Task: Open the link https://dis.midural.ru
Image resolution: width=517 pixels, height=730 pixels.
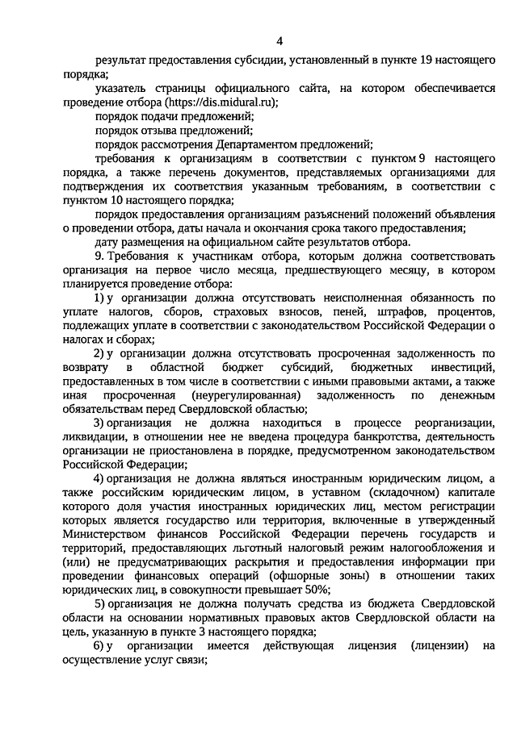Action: click(219, 102)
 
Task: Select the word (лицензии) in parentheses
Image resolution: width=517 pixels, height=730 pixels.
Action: click(440, 645)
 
